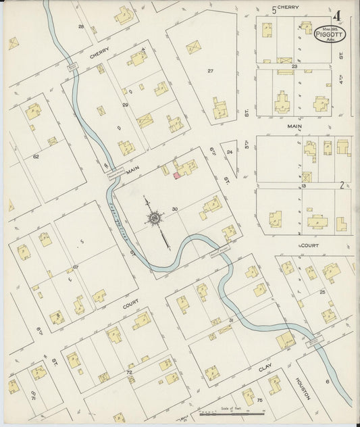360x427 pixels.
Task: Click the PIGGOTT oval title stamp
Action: [330, 33]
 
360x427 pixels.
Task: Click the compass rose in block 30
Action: [155, 219]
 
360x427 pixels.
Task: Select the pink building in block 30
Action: [177, 175]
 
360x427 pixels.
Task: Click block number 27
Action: [210, 70]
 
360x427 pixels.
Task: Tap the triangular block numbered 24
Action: [230, 152]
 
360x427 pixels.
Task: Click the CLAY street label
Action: [265, 369]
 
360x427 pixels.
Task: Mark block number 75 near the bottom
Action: [258, 400]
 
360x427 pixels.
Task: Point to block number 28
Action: [81, 26]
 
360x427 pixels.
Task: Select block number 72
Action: [128, 372]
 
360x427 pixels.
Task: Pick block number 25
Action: [322, 292]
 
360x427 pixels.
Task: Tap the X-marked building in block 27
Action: [193, 47]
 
